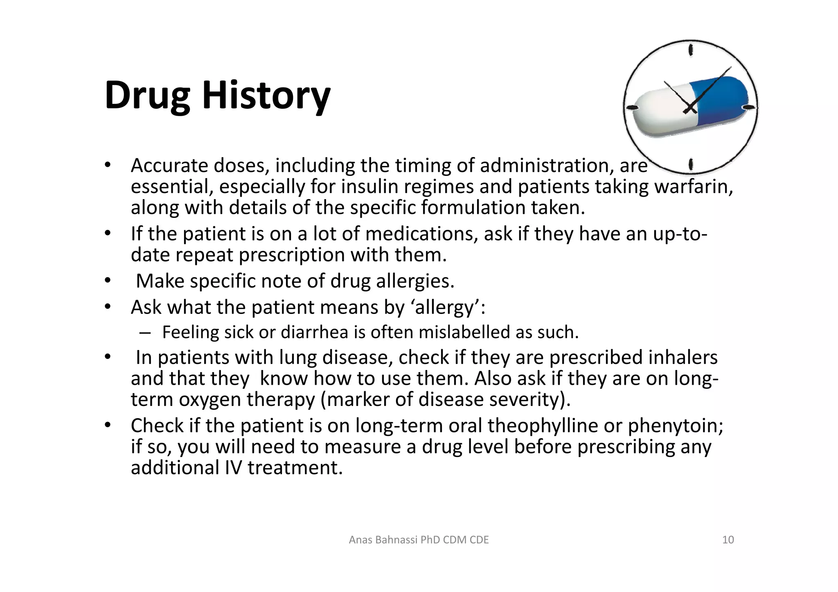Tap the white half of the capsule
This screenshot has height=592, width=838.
pyautogui.click(x=663, y=112)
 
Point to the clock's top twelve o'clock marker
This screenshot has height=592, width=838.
pyautogui.click(x=691, y=50)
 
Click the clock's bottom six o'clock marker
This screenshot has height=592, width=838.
pyautogui.click(x=691, y=164)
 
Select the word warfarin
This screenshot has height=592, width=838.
pyautogui.click(x=694, y=187)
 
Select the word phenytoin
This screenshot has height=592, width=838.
pyautogui.click(x=675, y=426)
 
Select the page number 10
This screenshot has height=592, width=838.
pyautogui.click(x=728, y=540)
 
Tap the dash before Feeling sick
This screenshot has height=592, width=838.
pyautogui.click(x=144, y=332)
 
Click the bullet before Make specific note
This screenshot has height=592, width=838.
pyautogui.click(x=107, y=281)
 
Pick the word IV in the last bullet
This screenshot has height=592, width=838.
pyautogui.click(x=233, y=468)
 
